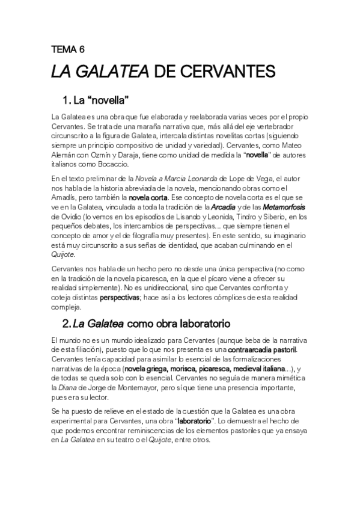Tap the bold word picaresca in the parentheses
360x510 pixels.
click(204, 369)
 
